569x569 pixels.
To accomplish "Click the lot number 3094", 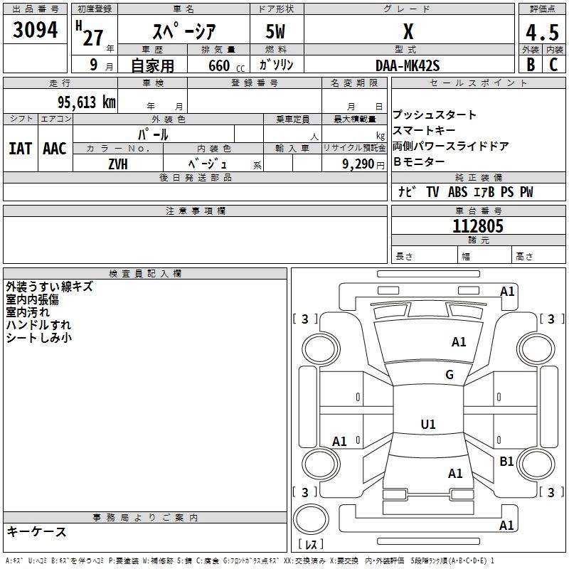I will tap(36, 30).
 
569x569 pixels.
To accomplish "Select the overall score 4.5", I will tap(541, 33).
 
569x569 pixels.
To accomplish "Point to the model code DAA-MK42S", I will tap(408, 65).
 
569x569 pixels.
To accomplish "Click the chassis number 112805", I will tap(478, 226).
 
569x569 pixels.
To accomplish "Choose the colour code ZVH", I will tap(118, 163).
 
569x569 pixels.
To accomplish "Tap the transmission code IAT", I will tap(21, 149).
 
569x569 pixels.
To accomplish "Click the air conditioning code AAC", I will tap(55, 149).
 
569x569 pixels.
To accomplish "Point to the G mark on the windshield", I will tap(449, 375).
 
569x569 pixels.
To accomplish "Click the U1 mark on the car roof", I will tap(428, 425).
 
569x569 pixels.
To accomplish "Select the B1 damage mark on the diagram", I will tap(506, 462).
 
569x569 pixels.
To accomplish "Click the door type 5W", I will tap(277, 32).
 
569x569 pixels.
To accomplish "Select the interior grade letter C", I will tap(553, 65).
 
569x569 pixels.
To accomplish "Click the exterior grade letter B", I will tap(530, 65).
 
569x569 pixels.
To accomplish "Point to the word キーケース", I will tap(36, 532).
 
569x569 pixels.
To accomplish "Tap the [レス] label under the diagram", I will tap(311, 545).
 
